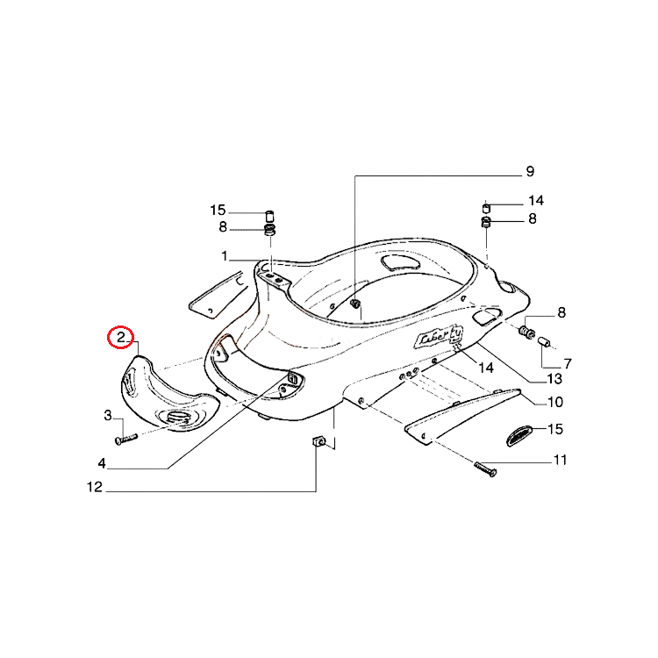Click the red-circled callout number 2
tap(121, 338)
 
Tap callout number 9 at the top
tap(530, 171)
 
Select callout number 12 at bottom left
tap(95, 487)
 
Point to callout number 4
tap(102, 463)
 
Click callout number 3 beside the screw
tap(108, 416)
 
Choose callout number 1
tap(225, 256)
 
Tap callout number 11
tap(561, 460)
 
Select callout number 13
tap(554, 379)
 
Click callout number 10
tap(555, 402)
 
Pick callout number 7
tap(568, 363)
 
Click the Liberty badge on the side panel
tap(439, 337)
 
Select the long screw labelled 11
tap(485, 468)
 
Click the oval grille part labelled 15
tap(519, 436)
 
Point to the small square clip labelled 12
tap(319, 441)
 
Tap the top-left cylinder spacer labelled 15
tap(270, 217)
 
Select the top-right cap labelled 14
tap(486, 208)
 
